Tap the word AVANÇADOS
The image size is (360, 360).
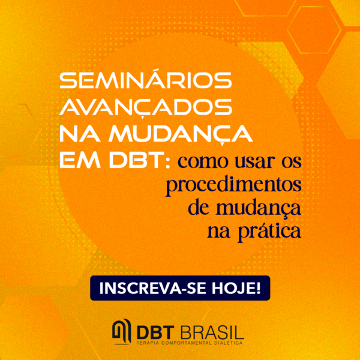coord(146,107)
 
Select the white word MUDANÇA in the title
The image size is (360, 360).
coord(181,134)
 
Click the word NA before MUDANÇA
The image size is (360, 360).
coord(80,134)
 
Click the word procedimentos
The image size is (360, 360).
coord(233,186)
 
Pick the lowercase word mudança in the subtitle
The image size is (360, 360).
coord(258,208)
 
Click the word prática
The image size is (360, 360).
coord(269,231)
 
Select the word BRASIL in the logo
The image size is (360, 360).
coord(211,332)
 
